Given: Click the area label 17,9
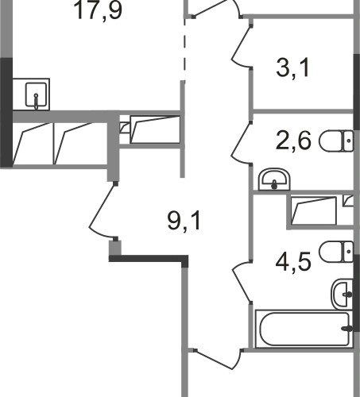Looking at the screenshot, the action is (x=99, y=10).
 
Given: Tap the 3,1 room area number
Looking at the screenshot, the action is (x=292, y=68).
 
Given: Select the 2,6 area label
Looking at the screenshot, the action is (x=293, y=141).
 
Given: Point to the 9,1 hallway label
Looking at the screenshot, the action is (x=184, y=222).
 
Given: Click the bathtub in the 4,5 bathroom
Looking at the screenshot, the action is (x=304, y=329).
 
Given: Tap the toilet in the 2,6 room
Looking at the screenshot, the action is (x=336, y=141).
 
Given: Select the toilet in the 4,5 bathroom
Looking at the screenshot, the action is (x=336, y=252).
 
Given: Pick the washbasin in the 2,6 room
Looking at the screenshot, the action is (x=274, y=179).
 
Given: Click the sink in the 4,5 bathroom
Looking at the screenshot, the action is (x=343, y=294).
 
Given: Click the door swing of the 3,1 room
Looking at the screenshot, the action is (x=241, y=47).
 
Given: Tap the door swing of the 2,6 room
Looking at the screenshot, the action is (x=241, y=144).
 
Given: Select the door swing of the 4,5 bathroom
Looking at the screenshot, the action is (x=242, y=282).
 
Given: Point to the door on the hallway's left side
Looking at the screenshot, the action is (x=103, y=210).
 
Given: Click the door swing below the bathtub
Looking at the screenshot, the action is (x=218, y=360).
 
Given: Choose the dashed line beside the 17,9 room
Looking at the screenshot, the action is (x=184, y=50).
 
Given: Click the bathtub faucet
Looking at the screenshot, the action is (x=347, y=329).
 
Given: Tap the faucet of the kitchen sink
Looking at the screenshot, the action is (x=36, y=101).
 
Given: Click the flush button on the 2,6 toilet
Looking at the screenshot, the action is (x=349, y=141).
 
